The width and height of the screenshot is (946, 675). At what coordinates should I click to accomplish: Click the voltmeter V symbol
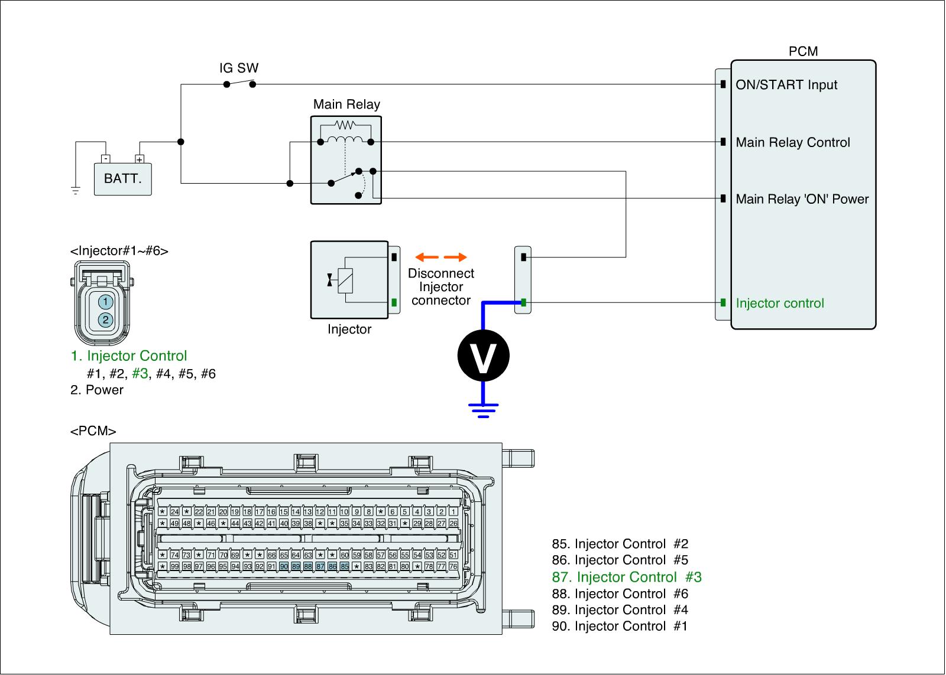[483, 356]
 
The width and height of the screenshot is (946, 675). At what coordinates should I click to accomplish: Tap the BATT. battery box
[123, 178]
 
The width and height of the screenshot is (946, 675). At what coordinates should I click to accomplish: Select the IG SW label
[239, 68]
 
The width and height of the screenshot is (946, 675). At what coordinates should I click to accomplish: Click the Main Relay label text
[346, 105]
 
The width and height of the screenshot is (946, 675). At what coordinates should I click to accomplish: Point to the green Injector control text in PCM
[780, 304]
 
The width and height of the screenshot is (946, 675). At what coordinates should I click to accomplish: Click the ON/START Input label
[786, 85]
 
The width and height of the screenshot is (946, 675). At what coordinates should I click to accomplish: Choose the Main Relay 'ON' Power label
[802, 199]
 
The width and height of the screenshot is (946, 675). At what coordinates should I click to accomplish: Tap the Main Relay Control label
[793, 142]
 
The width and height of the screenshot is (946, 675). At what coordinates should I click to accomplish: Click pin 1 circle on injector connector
[105, 302]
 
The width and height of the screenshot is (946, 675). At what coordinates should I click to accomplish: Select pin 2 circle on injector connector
[105, 320]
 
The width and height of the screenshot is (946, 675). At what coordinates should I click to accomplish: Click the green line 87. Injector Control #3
[627, 577]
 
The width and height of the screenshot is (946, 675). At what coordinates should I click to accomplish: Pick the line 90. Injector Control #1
[620, 626]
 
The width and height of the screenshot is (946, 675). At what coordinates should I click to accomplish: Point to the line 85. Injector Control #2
[620, 544]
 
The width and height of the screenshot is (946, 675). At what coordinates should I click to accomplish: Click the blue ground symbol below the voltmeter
[483, 409]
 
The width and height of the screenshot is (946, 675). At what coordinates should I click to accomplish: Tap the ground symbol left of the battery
[76, 190]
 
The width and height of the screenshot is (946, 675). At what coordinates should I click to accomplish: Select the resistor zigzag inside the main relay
[345, 125]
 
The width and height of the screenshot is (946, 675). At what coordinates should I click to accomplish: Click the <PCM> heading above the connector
[93, 431]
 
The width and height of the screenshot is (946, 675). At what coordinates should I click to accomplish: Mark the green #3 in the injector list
[140, 374]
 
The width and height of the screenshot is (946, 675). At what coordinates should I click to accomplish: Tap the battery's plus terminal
[140, 159]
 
